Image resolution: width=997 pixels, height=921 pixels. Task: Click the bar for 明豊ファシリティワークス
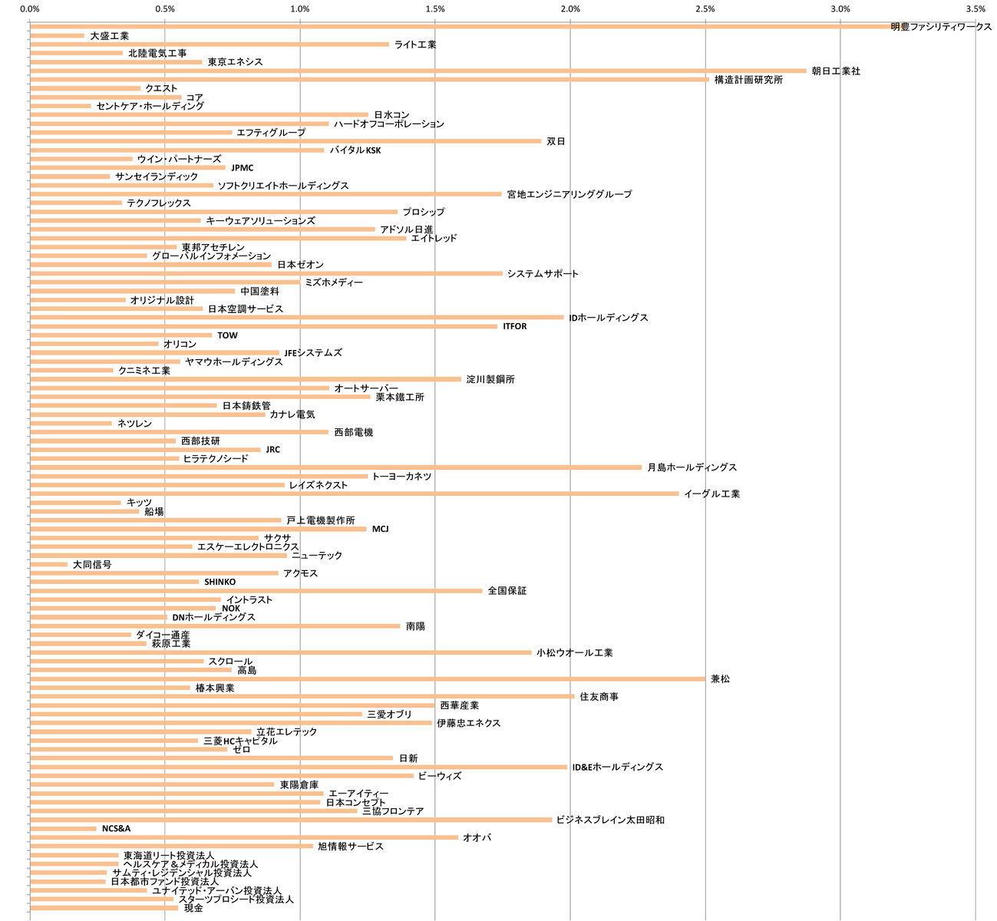click(461, 26)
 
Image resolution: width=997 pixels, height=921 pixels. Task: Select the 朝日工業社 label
click(836, 71)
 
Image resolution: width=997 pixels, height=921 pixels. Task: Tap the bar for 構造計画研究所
click(369, 79)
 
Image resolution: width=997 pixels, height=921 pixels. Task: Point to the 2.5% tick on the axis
click(705, 9)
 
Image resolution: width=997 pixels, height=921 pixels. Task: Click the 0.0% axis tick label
click(30, 9)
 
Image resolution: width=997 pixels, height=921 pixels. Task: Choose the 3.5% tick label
click(976, 9)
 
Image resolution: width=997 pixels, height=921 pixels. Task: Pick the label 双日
click(556, 142)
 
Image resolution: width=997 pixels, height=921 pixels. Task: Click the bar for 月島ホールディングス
click(335, 467)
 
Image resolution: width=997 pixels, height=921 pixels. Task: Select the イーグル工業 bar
click(354, 494)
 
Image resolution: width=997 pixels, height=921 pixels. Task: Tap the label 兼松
click(720, 679)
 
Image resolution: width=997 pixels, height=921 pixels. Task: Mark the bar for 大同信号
click(49, 564)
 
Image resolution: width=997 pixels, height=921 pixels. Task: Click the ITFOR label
click(515, 327)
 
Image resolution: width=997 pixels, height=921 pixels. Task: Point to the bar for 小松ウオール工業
click(280, 652)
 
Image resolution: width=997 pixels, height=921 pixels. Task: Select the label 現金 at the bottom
click(193, 909)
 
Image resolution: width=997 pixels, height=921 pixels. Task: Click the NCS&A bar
click(63, 829)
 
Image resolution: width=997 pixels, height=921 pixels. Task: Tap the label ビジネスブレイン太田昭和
click(610, 820)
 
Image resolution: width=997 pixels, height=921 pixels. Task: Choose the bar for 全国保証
click(256, 591)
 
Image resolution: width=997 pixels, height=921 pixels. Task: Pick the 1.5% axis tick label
click(435, 9)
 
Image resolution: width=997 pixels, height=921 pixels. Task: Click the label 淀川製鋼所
click(490, 380)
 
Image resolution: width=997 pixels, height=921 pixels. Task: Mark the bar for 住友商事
click(302, 697)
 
